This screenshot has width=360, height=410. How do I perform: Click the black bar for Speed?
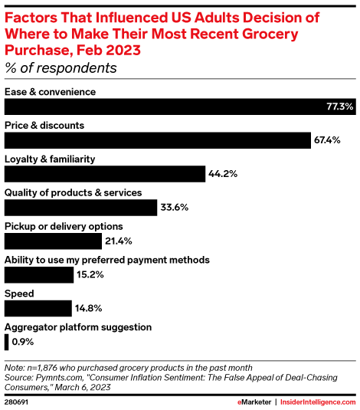(39, 307)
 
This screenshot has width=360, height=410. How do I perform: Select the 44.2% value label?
(223, 174)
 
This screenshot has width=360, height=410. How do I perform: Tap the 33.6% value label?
(175, 207)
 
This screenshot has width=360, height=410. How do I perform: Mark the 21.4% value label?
(119, 241)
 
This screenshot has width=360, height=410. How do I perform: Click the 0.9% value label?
(22, 341)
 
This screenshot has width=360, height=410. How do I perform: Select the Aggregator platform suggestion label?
(78, 326)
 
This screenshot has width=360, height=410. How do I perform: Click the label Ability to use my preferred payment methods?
(107, 260)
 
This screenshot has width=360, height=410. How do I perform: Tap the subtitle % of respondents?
(61, 67)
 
